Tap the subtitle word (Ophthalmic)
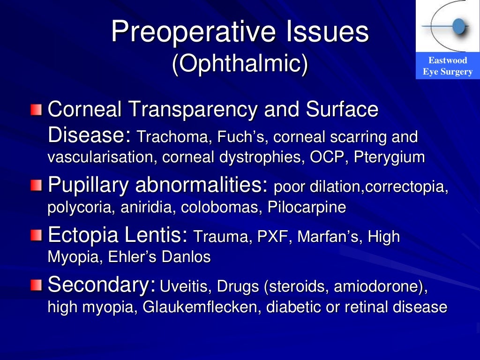click(x=240, y=65)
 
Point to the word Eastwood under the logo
click(x=448, y=60)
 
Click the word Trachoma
click(x=174, y=137)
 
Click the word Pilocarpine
click(x=307, y=208)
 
